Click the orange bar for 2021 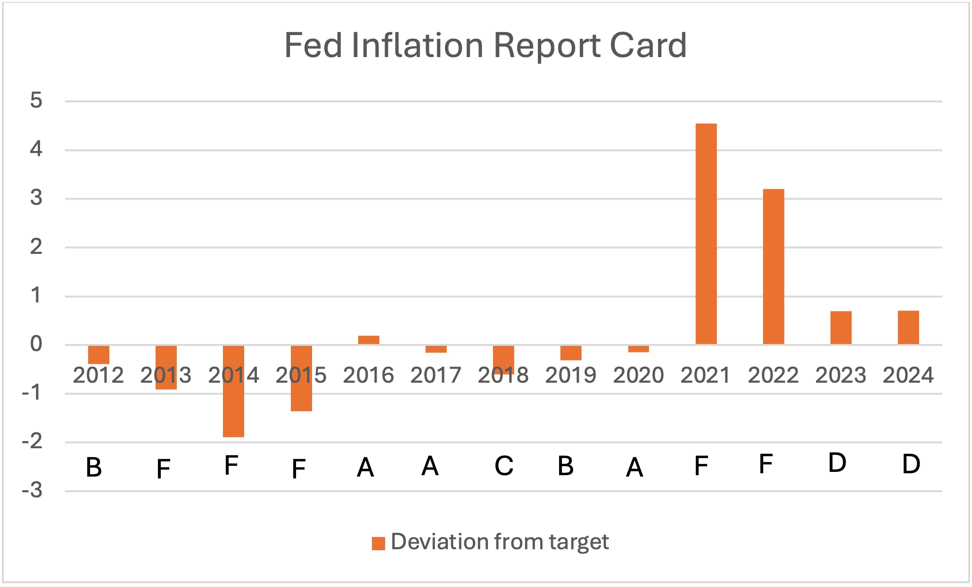(706, 234)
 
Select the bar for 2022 (773, 267)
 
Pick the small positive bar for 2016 (369, 340)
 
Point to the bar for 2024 (908, 327)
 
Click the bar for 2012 (99, 355)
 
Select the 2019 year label (570, 376)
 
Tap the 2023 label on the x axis (840, 376)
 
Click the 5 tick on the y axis (36, 101)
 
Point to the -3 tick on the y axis (32, 491)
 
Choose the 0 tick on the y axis (36, 344)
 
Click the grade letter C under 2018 (503, 466)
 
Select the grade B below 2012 (94, 468)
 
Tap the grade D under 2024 (911, 464)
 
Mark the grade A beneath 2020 (634, 468)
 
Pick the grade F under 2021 (701, 466)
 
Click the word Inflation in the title (417, 46)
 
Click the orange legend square (378, 544)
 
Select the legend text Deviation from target (500, 542)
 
